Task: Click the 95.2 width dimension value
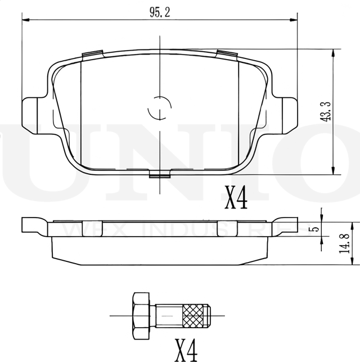[160, 13]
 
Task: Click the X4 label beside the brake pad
[236, 198]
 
